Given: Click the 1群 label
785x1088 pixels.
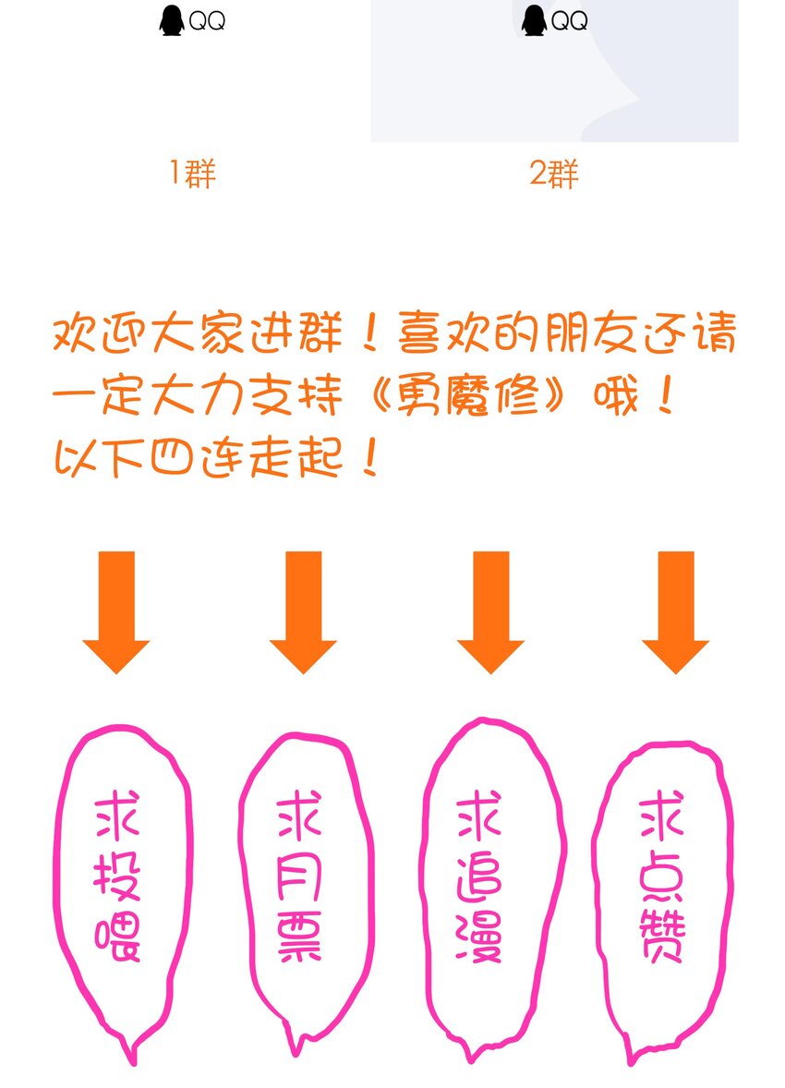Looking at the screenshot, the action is [x=193, y=174].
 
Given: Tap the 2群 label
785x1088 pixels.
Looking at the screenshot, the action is [x=554, y=174].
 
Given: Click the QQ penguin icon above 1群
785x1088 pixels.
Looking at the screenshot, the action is [x=172, y=21].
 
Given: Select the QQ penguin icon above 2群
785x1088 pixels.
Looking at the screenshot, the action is [x=534, y=21].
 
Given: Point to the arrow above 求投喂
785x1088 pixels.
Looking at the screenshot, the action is [x=116, y=612].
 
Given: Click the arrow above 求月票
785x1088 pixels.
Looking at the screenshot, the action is [x=303, y=612].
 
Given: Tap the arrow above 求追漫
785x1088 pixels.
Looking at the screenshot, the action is [x=490, y=612].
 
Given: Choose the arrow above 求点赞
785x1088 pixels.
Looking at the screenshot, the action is [x=675, y=612].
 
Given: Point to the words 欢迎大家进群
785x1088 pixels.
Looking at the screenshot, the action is [x=198, y=333].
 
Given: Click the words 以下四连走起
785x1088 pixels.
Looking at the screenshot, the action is [x=199, y=459].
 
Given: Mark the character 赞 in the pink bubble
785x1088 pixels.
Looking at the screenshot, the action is [x=662, y=936].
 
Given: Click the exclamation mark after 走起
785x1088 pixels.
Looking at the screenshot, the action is [x=370, y=458].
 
